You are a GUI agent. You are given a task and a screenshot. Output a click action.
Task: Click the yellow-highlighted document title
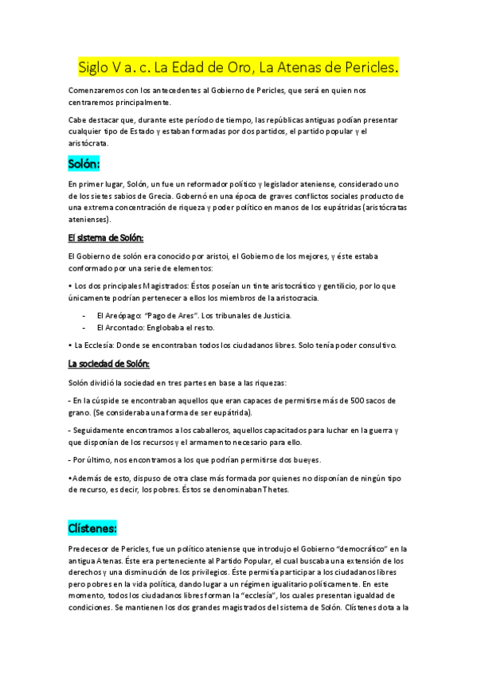tap(238, 66)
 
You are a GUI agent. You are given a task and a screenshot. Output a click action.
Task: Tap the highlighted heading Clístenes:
tap(92, 527)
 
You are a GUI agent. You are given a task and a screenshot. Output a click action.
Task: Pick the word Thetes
tap(273, 490)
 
